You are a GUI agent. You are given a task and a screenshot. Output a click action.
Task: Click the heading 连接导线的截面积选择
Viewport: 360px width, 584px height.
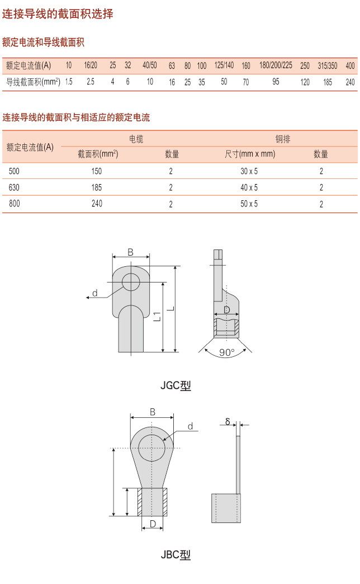pos(58,14)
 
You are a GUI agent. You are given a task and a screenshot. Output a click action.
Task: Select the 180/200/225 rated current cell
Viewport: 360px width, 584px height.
pos(276,65)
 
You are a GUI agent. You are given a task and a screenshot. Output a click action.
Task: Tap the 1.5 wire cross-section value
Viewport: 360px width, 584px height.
pos(69,82)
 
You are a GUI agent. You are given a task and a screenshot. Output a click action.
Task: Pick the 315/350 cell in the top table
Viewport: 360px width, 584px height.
pos(328,66)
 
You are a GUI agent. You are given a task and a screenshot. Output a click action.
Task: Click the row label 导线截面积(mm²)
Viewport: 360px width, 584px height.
pos(33,82)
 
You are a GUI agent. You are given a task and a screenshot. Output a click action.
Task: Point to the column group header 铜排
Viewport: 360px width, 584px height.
pos(282,139)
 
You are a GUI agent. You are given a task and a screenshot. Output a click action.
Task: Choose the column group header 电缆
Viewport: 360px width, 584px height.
pos(136,139)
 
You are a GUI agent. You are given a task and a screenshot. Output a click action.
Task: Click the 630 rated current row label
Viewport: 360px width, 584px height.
pos(14,187)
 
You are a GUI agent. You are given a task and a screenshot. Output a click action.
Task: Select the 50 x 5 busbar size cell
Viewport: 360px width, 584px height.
pos(249,204)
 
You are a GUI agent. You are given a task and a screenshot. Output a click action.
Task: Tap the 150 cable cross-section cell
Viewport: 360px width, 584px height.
pos(97,171)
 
